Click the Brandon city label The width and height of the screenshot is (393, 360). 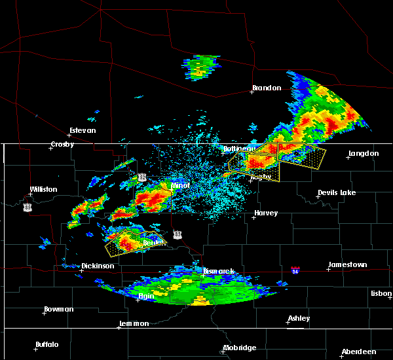(267, 88)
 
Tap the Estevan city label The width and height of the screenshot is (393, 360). (83, 130)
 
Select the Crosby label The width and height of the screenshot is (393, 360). (64, 145)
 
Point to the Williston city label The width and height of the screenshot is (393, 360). (43, 190)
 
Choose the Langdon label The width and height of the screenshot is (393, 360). (364, 154)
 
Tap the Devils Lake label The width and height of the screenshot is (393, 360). (337, 193)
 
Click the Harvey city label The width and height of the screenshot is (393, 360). (266, 213)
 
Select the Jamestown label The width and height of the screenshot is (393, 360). (347, 265)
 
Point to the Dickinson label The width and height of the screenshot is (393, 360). (98, 266)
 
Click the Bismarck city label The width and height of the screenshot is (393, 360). (218, 271)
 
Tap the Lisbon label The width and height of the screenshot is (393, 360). (381, 294)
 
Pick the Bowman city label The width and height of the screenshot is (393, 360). (58, 310)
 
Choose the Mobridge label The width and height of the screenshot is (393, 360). (239, 348)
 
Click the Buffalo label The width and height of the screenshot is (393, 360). (47, 345)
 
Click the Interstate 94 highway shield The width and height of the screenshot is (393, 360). (296, 269)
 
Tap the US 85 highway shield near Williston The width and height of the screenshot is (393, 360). (27, 207)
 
